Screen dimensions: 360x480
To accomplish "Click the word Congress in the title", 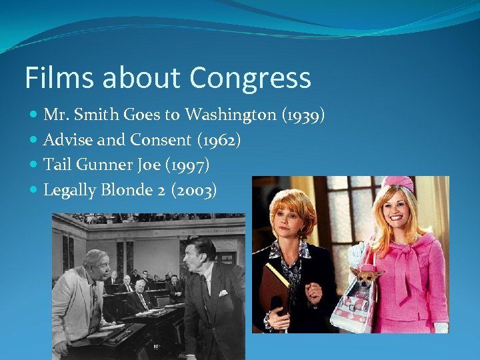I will pos(250,78).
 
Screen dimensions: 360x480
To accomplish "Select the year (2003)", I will pos(194,190).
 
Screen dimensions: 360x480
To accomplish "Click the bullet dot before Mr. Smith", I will pos(34,115).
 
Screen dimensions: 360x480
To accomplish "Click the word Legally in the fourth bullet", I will pos(69,191).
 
